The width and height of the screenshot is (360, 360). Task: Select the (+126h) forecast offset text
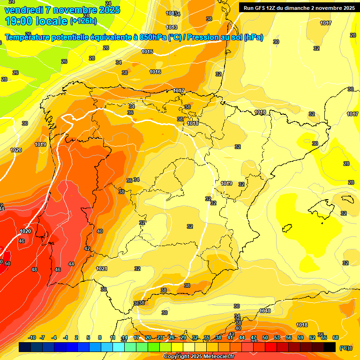[x=83, y=21]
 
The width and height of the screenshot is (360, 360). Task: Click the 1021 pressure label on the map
[x=102, y=269]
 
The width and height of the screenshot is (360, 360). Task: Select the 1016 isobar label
[x=155, y=72]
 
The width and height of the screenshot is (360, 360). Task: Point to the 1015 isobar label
[x=147, y=52]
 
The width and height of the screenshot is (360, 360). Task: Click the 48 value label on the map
[x=34, y=270]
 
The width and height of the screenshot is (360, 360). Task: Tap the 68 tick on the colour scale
[x=336, y=337]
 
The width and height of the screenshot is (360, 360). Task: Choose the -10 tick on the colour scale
[x=32, y=337]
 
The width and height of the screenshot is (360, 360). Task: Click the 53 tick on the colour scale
[x=277, y=337]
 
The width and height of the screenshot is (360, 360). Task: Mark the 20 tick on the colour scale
[x=148, y=337]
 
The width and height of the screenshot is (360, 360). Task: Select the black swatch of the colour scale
[x=330, y=347]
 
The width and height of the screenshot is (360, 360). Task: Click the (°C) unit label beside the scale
[x=344, y=348]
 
